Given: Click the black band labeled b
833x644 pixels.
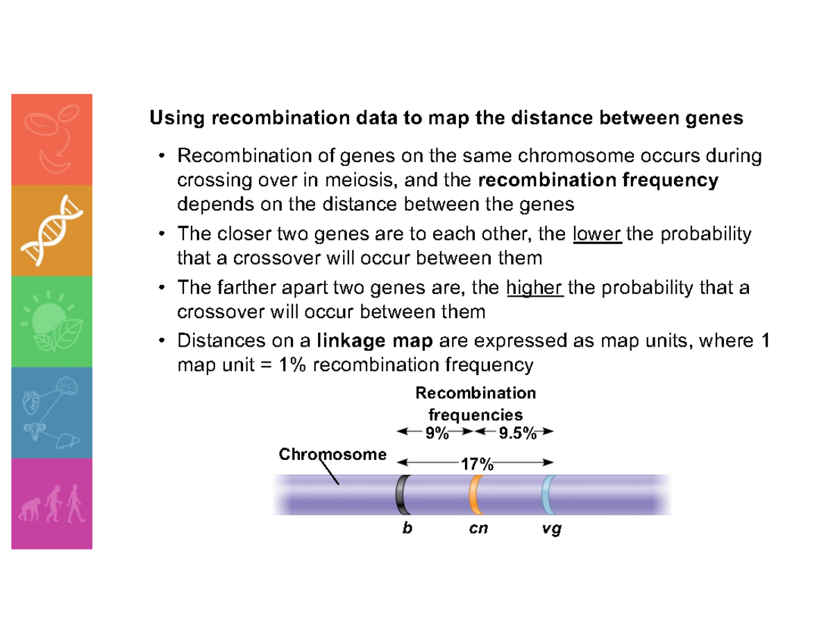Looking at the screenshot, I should (400, 494).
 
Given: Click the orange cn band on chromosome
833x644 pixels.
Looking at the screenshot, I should (475, 494).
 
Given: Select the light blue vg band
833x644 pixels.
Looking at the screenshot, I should (548, 494).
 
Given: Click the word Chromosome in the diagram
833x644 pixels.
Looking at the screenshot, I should (333, 455).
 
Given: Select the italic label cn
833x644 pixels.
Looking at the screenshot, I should (478, 529).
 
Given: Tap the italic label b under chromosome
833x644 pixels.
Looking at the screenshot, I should (407, 529).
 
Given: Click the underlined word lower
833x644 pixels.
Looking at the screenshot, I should (598, 235).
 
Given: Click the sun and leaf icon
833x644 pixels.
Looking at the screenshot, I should (52, 322).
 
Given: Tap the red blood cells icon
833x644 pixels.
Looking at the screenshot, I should (52, 139).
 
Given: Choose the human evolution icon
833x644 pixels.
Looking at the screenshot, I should (52, 504).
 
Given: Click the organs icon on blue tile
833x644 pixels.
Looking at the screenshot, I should (52, 413).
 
